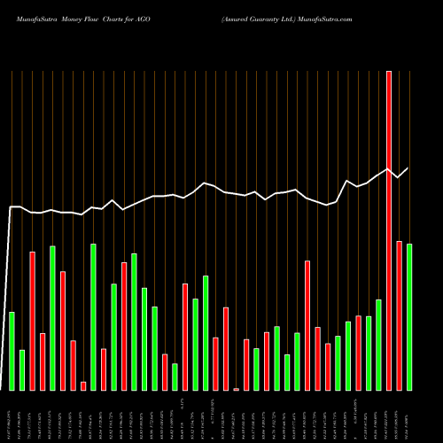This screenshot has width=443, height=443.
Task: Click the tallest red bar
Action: (x=388, y=230)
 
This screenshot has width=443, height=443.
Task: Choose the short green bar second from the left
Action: (x=22, y=369)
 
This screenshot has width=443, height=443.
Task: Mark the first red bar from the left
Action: (x=32, y=321)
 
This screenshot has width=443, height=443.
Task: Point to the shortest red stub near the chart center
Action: (x=237, y=389)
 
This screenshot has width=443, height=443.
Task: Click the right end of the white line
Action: (x=408, y=168)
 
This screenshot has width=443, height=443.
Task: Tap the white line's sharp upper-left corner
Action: (x=11, y=207)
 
